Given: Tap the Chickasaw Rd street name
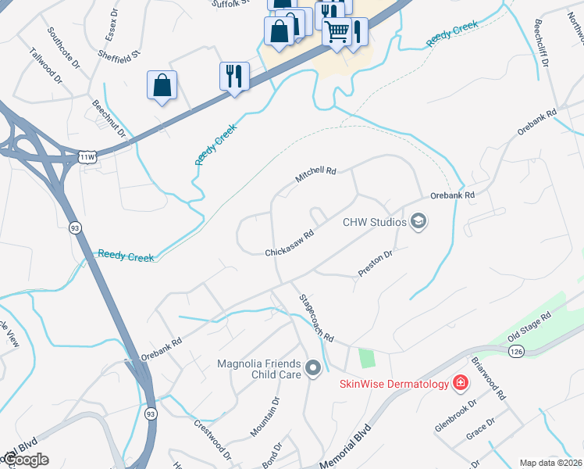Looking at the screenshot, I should [x=289, y=242].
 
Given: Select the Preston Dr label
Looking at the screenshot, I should [x=375, y=262].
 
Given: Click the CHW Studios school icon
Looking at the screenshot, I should [x=418, y=222].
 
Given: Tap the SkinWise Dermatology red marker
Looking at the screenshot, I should [x=461, y=383].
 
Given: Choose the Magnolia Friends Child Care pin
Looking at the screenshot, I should [x=314, y=367].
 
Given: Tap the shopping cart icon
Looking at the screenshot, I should [x=337, y=32].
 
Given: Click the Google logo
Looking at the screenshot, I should [x=26, y=460].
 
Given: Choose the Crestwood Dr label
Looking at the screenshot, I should [x=213, y=439].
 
